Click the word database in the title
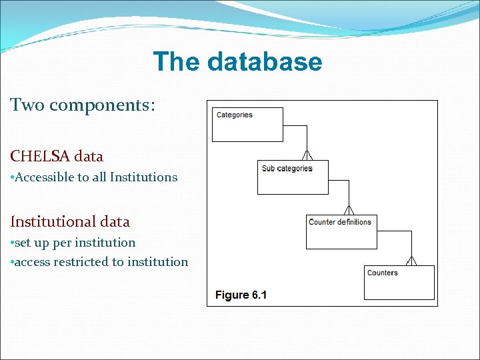(265, 62)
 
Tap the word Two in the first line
(27, 105)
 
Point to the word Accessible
(44, 177)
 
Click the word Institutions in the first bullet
(143, 177)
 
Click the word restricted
(85, 262)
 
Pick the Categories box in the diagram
(247, 125)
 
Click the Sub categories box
(293, 177)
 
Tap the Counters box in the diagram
(399, 282)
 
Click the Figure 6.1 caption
(241, 295)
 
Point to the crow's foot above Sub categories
(307, 155)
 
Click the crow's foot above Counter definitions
(351, 209)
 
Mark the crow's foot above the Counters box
(411, 260)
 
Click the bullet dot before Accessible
(12, 178)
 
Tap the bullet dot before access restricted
(12, 263)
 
